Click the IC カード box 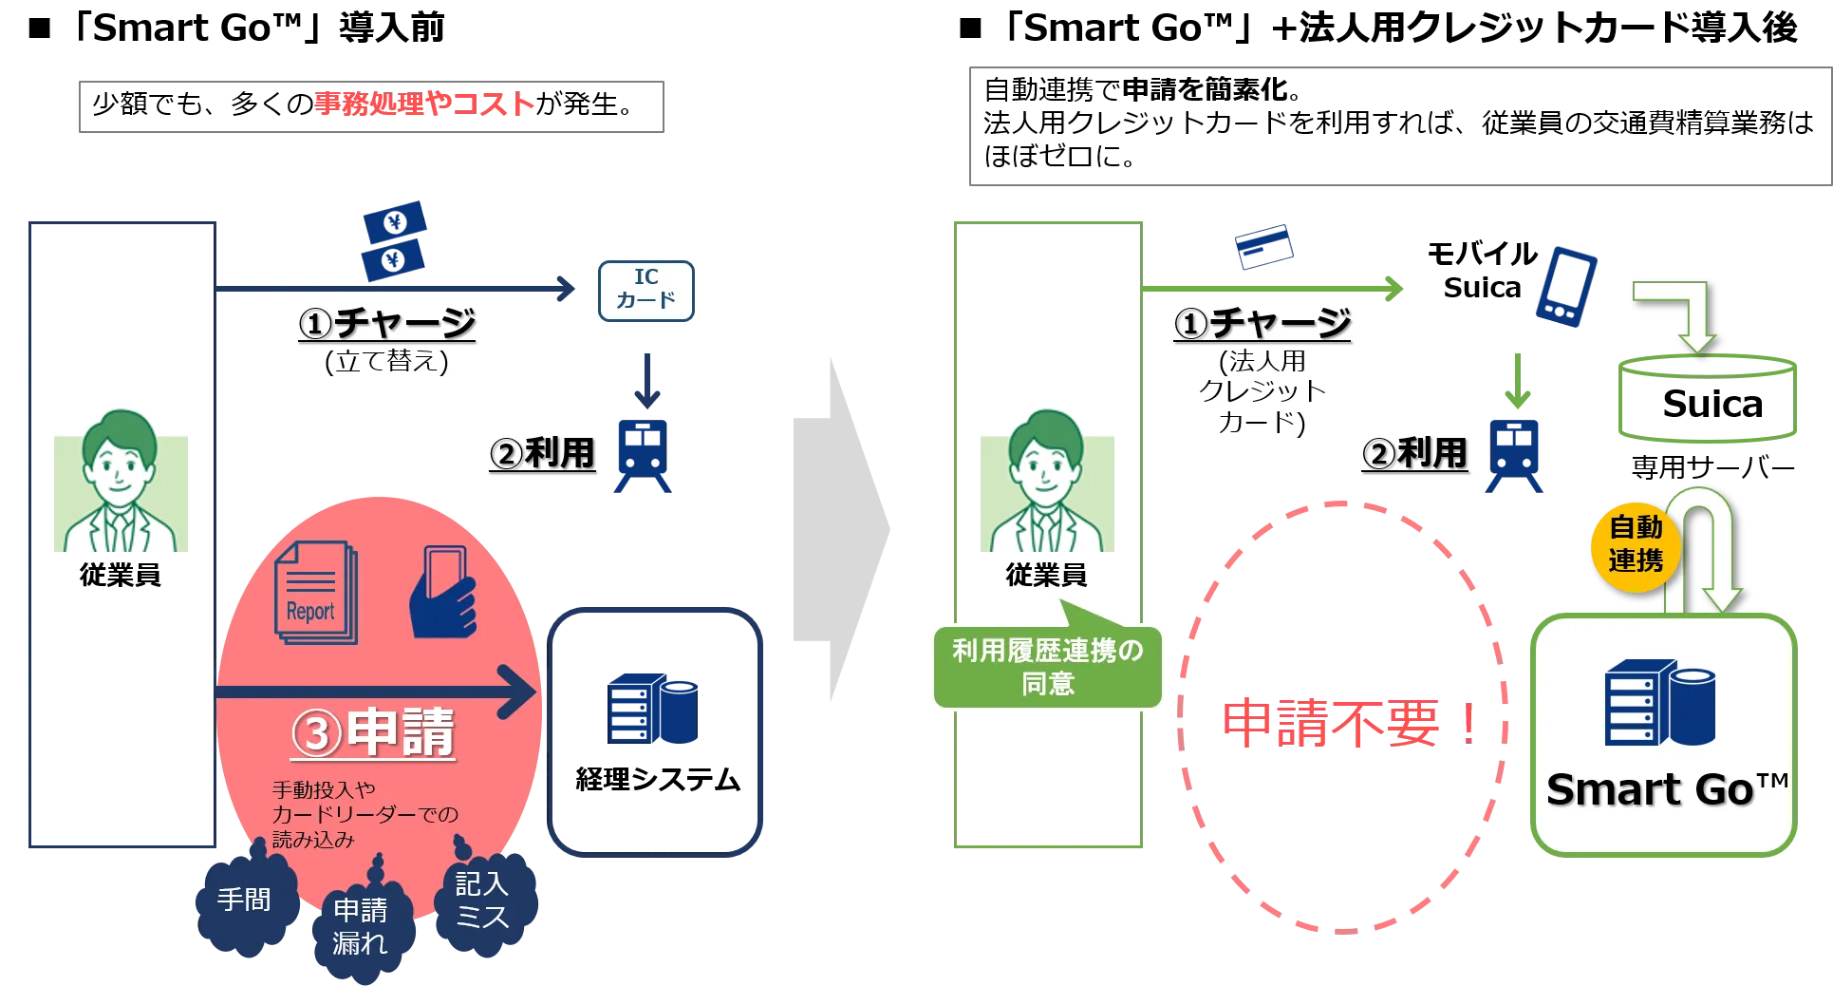point(646,290)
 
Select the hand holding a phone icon point(442,593)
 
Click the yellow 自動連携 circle point(1635,545)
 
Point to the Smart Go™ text point(1666,789)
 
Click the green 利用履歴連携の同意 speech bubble point(1047,667)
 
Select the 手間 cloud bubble point(245,900)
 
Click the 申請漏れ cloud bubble point(360,927)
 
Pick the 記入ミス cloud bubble point(482,901)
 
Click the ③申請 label point(374,733)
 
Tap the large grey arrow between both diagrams point(839,528)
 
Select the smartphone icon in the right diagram point(1566,287)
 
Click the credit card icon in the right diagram point(1264,247)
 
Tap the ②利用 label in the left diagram point(543,454)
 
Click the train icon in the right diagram point(1515,456)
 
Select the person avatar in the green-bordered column point(1047,475)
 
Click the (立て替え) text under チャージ point(386,362)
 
